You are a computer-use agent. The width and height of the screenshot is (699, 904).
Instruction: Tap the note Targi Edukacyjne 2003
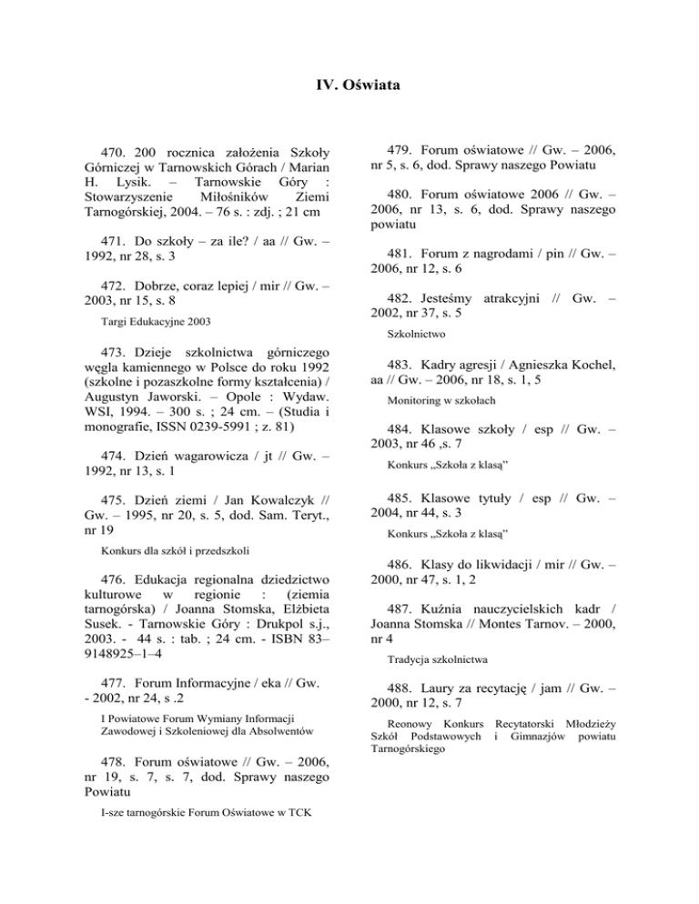pyautogui.click(x=160, y=321)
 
